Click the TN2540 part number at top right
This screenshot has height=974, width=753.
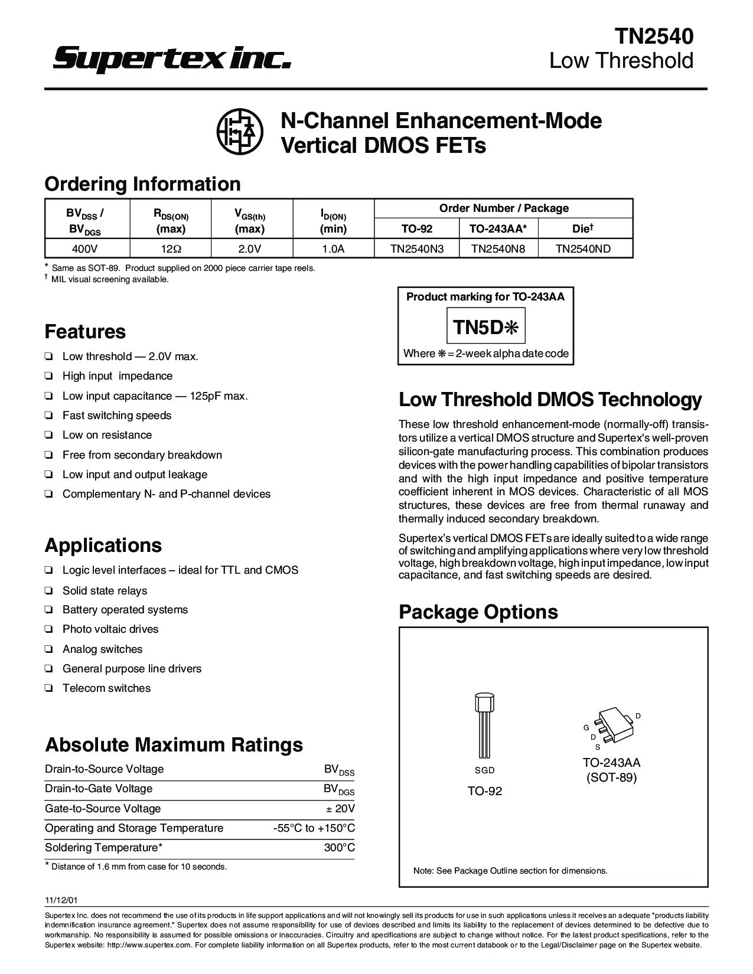point(654,37)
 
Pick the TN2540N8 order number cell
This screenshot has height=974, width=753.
point(498,249)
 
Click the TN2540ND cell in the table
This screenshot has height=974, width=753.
point(583,249)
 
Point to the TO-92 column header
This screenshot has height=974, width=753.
point(417,228)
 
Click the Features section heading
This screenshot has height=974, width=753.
point(85,331)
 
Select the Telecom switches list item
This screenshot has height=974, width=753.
point(106,688)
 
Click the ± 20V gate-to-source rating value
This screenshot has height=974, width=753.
point(339,809)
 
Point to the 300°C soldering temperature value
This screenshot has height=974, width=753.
point(340,848)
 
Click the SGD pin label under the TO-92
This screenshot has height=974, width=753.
point(484,770)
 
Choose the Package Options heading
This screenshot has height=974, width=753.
point(478,612)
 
